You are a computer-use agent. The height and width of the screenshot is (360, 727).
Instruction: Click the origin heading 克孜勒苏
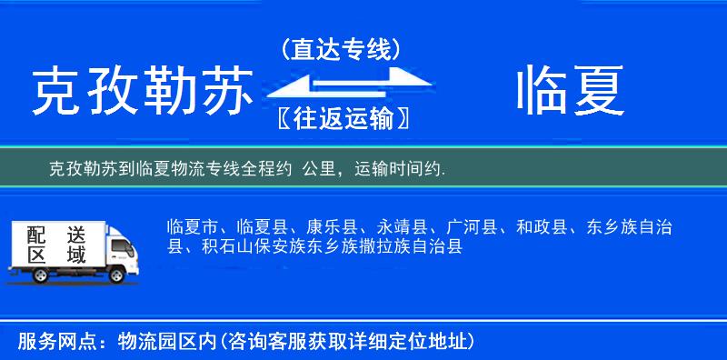point(141,91)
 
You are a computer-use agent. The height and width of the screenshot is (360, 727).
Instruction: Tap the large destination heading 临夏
point(571,91)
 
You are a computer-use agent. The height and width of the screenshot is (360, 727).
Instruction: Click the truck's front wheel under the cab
point(118,275)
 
